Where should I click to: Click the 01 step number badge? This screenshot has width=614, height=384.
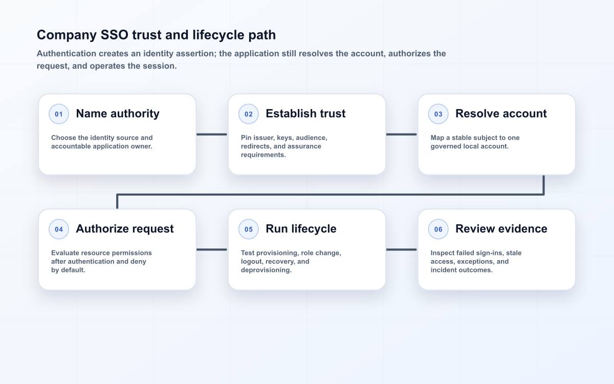59,114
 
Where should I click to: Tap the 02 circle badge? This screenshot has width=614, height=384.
248,114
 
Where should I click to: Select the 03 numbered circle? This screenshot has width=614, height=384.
438,114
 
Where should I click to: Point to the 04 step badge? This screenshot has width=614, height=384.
59,229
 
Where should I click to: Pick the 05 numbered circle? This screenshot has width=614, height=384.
248,229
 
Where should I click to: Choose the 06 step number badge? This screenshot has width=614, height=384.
438,229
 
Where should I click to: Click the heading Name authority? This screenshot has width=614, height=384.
118,114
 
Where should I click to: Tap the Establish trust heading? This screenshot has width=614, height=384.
305,114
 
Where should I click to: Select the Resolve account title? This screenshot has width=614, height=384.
501,114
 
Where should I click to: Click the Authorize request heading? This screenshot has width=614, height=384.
125,229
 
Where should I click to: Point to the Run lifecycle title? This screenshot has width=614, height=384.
301,229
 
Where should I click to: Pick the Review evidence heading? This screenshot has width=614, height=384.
501,229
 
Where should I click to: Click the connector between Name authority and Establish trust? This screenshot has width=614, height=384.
212,134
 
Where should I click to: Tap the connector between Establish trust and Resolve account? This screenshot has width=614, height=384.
402,134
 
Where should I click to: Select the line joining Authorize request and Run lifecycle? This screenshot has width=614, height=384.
212,250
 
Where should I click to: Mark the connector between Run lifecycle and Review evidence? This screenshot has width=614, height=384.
402,250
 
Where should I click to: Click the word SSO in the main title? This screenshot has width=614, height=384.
114,35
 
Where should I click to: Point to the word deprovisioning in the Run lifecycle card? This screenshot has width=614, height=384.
266,270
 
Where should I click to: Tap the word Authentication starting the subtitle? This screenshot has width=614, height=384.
67,53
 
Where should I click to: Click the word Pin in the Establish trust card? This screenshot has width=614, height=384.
246,138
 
